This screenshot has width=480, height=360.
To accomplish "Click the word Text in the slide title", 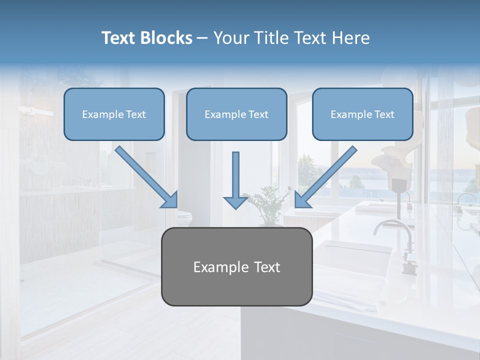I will [117, 38].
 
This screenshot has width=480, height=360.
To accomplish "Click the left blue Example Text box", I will [114, 114].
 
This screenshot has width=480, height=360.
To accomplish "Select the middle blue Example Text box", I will [236, 114].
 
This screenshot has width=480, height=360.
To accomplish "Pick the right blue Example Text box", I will [362, 114].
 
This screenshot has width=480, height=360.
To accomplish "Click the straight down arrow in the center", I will [235, 175].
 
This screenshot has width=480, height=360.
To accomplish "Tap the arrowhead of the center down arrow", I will [235, 201].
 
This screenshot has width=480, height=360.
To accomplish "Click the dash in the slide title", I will [202, 38].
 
